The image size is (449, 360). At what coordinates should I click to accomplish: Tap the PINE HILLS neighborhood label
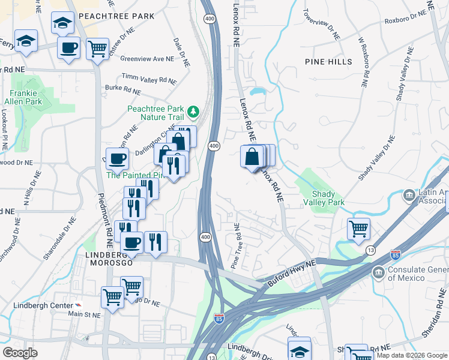pos(328,62)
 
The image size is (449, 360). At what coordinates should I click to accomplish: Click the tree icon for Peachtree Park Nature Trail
pos(193,111)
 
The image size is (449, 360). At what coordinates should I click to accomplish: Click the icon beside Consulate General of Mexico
pos(378,273)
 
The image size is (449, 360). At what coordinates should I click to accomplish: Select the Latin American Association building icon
pos(409,195)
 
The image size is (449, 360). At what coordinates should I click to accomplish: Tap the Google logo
pos(20,353)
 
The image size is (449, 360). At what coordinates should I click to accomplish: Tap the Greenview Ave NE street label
pos(146,59)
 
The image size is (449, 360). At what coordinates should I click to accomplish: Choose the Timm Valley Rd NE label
pos(149,79)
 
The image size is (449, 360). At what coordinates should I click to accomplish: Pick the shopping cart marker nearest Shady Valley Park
pos(358,228)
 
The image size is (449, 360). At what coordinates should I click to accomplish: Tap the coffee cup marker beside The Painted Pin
pos(117,158)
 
